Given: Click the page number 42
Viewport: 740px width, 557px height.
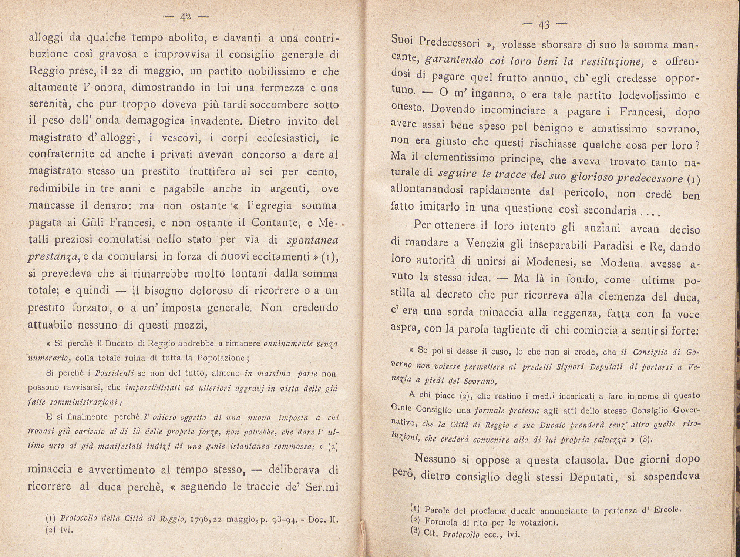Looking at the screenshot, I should pyautogui.click(x=184, y=18).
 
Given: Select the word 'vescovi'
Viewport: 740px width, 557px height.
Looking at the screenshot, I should pyautogui.click(x=178, y=138).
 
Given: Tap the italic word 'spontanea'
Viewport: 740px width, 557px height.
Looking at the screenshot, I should pyautogui.click(x=313, y=240).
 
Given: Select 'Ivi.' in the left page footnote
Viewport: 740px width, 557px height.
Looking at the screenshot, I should pyautogui.click(x=67, y=530).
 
